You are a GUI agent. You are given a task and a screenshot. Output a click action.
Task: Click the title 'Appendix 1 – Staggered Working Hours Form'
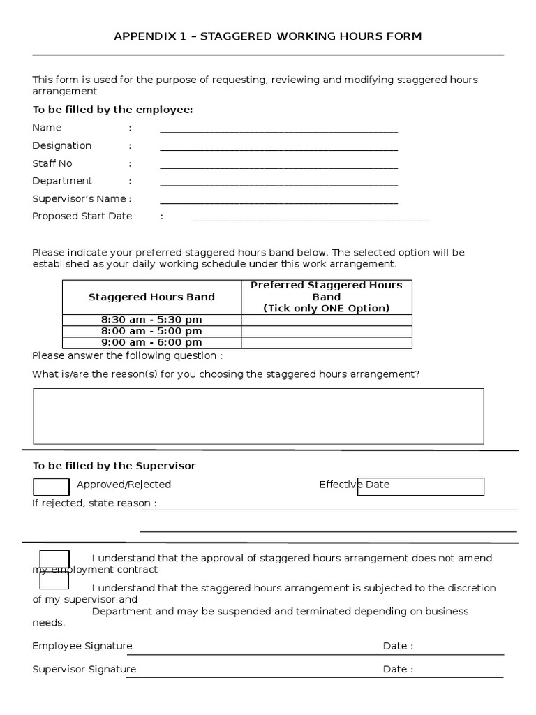(268, 36)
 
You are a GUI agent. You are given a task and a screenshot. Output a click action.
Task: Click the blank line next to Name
(278, 129)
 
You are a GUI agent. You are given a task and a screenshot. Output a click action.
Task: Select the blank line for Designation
(278, 147)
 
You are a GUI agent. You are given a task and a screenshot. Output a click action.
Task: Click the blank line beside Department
(278, 183)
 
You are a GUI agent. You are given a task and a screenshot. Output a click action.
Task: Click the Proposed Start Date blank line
(311, 218)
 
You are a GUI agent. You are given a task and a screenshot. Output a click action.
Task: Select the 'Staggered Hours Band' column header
(151, 297)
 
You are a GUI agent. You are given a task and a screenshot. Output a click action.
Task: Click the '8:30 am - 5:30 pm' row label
(151, 320)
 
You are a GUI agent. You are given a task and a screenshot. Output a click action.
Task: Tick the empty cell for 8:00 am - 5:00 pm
(327, 331)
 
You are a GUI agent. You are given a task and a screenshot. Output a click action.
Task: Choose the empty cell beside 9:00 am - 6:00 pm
(327, 342)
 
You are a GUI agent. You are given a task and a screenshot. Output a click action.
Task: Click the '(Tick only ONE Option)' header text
(327, 308)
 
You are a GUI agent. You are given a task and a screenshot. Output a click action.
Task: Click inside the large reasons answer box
(258, 416)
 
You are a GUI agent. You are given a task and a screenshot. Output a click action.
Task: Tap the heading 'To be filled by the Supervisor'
(114, 466)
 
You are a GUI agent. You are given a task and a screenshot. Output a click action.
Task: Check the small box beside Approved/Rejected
(51, 487)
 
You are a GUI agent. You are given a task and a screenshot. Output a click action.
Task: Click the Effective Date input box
(420, 487)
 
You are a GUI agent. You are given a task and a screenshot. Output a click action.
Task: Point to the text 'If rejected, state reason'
(94, 503)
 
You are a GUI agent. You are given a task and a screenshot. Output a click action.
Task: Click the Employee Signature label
(82, 646)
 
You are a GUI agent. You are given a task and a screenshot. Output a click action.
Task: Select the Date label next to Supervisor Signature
(397, 669)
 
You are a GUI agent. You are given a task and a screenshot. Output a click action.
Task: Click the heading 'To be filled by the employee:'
(112, 110)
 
